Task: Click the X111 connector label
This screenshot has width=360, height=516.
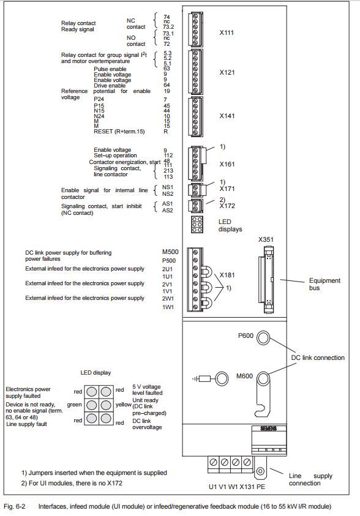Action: pos(227,32)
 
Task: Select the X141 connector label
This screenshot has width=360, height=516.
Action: pos(227,116)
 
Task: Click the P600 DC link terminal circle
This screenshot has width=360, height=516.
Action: pos(263,338)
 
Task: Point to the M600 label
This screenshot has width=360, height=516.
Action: pos(244,376)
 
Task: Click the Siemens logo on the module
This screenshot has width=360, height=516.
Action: pos(269,428)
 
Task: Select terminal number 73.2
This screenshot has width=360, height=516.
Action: pos(168,27)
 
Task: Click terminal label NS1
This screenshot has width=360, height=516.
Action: pos(168,187)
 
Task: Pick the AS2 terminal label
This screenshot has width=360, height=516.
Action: pos(168,211)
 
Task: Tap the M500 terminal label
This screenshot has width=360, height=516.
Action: pos(170,252)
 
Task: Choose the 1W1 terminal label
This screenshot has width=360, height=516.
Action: pos(167,307)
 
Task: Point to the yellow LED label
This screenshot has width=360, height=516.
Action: pos(124,405)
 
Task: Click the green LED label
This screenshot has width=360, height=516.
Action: pos(74,405)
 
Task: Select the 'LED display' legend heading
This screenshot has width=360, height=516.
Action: pos(96,373)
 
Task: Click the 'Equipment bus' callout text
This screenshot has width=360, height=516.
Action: pos(324,284)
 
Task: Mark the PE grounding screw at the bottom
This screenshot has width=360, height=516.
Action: pos(260,471)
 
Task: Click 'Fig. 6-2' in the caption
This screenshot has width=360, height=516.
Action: pos(15,506)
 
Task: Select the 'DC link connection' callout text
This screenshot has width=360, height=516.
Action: pos(318,357)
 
